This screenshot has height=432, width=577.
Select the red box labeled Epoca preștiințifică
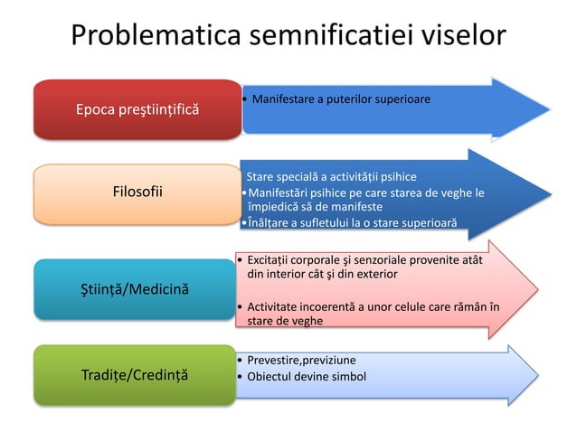click(138, 110)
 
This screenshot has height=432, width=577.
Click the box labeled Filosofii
click(138, 191)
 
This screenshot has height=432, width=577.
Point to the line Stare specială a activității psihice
click(332, 176)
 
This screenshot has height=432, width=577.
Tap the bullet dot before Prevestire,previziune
click(238, 360)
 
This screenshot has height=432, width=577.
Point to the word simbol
click(347, 376)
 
